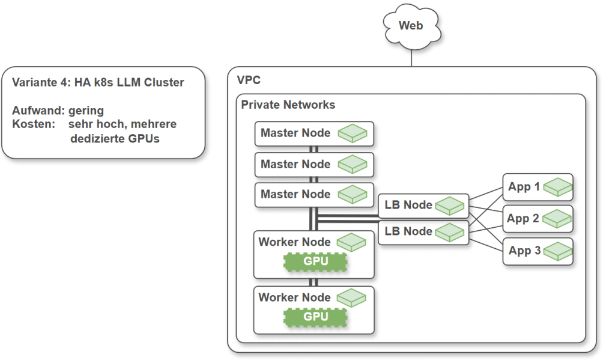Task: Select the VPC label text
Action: [x=249, y=80]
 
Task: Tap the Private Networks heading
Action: [x=288, y=105]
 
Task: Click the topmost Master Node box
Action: [x=314, y=133]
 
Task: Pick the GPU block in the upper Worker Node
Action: [x=315, y=263]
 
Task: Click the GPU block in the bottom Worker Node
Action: [x=315, y=317]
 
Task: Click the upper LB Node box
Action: [x=423, y=206]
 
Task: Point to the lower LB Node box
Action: [x=423, y=232]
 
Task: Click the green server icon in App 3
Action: [x=558, y=251]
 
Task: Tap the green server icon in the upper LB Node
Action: [x=450, y=206]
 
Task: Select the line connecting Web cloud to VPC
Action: [x=411, y=58]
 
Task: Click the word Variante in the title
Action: [x=34, y=83]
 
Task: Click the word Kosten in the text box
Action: [x=29, y=124]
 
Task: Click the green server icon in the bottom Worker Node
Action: [x=351, y=297]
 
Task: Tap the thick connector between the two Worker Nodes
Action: [x=314, y=282]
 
